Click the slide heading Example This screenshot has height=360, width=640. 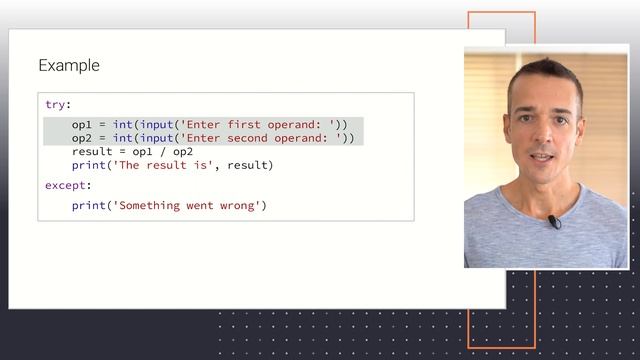(x=69, y=66)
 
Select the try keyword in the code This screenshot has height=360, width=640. (x=56, y=104)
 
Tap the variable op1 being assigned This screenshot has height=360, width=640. (x=81, y=124)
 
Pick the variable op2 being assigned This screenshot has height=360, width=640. (x=81, y=138)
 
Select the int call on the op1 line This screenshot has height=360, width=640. (x=123, y=124)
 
